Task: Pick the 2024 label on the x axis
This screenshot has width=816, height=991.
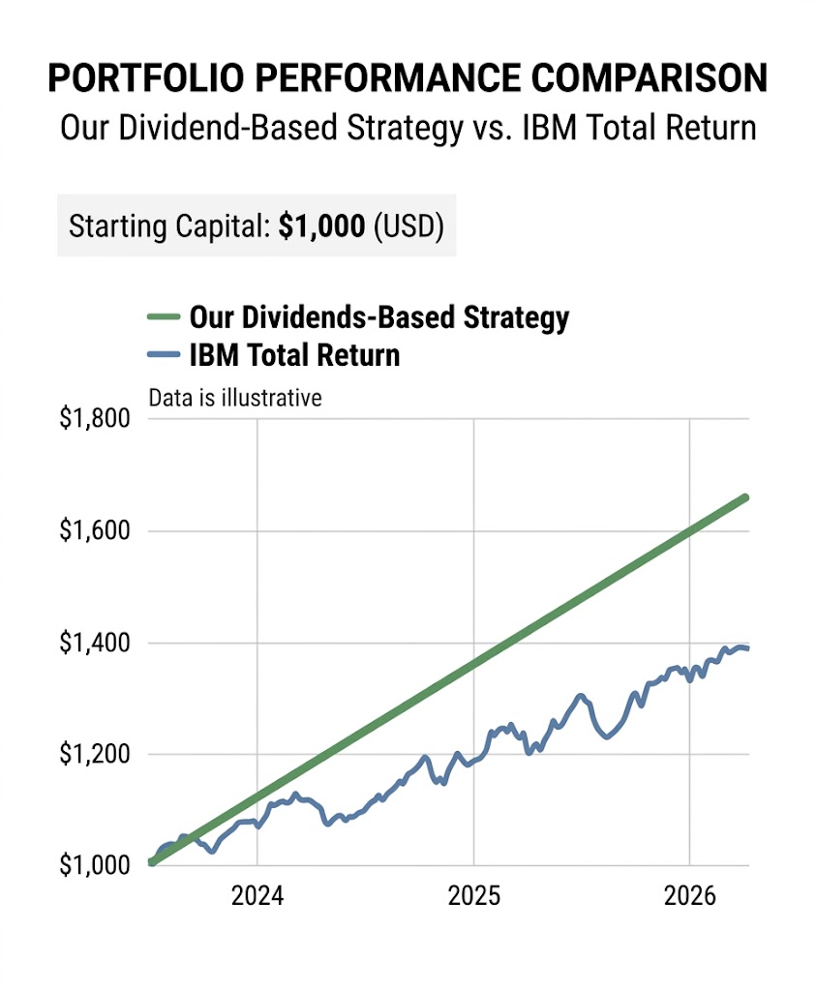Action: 257,897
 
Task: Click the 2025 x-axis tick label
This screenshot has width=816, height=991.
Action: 473,897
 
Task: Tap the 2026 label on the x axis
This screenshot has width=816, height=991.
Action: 689,897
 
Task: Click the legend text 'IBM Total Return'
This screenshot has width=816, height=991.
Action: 294,355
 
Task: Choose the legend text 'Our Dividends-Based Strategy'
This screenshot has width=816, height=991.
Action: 378,317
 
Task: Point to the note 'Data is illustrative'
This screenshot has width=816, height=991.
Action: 234,398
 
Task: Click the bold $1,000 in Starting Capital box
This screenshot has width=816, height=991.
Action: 321,226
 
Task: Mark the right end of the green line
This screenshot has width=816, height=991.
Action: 745,497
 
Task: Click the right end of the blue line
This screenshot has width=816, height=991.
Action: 746,648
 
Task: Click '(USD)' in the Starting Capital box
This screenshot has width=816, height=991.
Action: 408,226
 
